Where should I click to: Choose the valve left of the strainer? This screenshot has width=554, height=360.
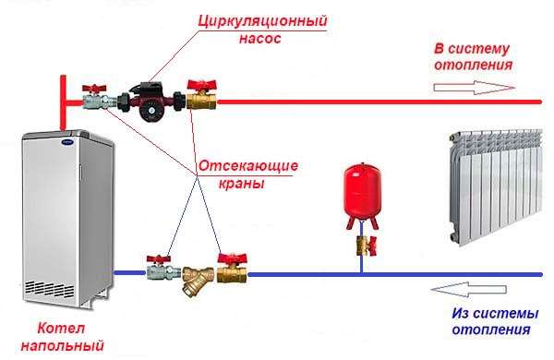click(x=157, y=270)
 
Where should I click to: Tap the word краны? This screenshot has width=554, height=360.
click(x=247, y=184)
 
